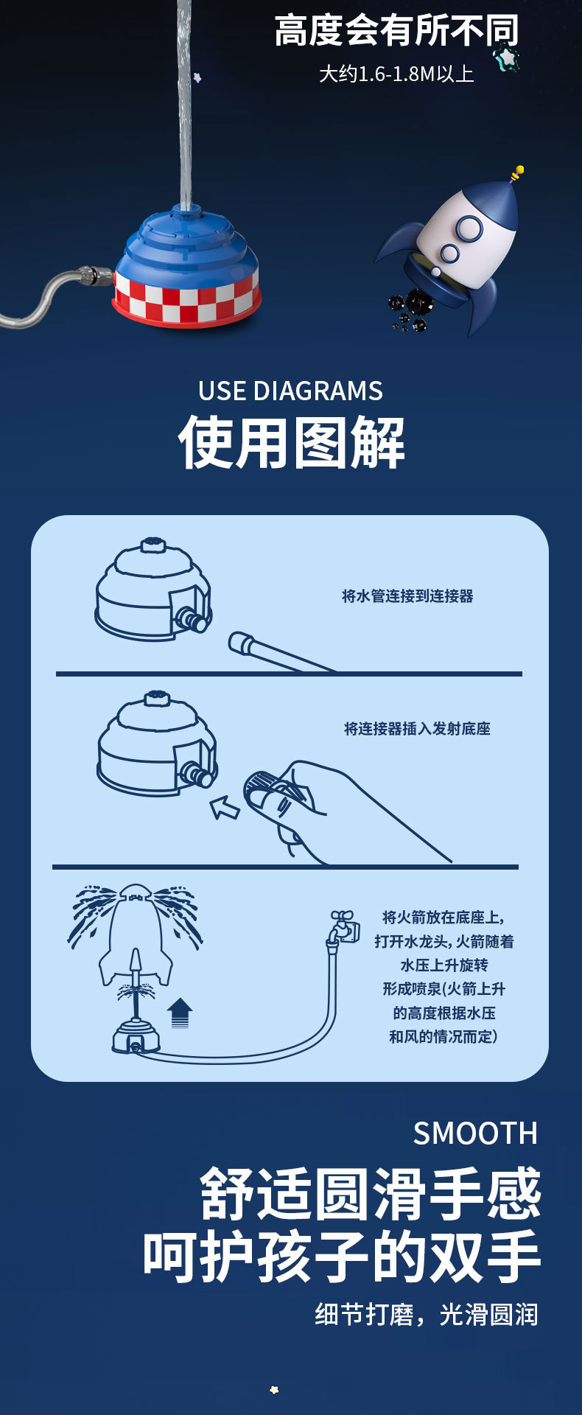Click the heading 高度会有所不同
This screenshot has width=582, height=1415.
point(396,31)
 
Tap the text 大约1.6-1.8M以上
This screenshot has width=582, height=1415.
point(396,74)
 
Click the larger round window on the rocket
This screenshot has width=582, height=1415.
point(468,229)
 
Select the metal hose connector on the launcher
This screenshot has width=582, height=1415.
point(97,276)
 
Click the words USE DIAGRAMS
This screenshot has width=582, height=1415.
point(290,391)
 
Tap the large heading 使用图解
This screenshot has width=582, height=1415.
point(291,443)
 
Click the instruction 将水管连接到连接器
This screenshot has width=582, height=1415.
point(407,596)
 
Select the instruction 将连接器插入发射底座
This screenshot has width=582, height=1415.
point(417,729)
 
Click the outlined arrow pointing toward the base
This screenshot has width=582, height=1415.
point(225,808)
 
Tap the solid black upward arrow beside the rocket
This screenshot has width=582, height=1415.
point(179,1013)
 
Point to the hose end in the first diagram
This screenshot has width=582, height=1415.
point(242,643)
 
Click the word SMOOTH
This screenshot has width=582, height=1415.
point(475,1133)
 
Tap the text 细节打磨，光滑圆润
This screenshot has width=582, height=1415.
point(427,1314)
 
